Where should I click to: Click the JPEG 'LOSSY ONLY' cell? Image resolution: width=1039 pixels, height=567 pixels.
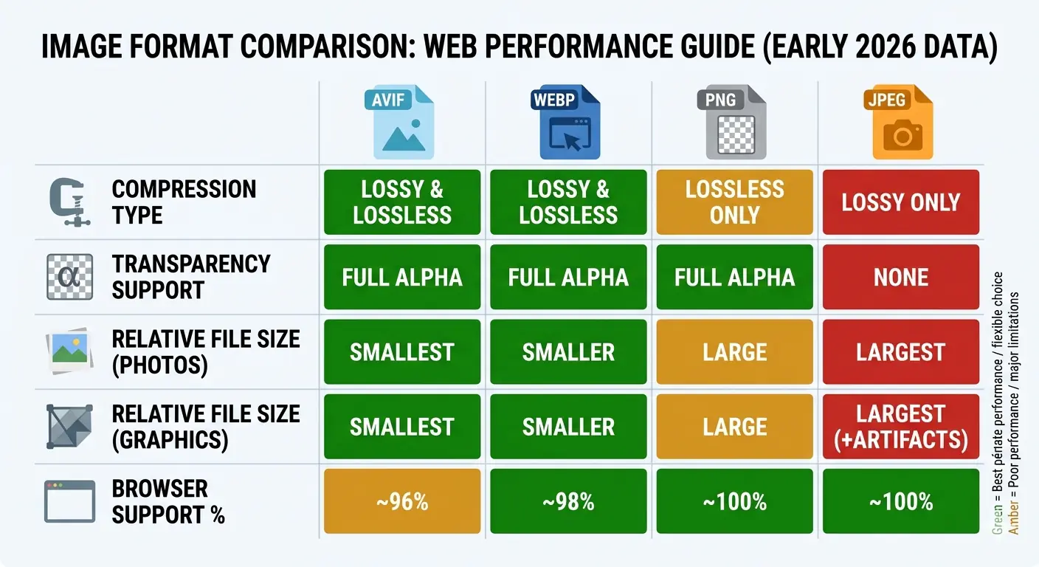pyautogui.click(x=901, y=202)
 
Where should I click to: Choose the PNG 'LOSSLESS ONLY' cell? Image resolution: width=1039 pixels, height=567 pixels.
pyautogui.click(x=734, y=202)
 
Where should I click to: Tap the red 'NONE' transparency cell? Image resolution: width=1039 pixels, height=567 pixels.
pyautogui.click(x=901, y=278)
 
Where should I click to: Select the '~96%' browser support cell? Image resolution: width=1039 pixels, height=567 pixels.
pyautogui.click(x=402, y=503)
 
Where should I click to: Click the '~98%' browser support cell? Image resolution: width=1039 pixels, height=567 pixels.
pyautogui.click(x=568, y=503)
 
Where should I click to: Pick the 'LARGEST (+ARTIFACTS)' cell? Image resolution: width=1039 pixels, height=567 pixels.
pyautogui.click(x=901, y=427)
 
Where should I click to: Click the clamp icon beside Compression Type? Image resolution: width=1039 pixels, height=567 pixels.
pyautogui.click(x=69, y=203)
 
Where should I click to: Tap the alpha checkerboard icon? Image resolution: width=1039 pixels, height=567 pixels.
pyautogui.click(x=69, y=277)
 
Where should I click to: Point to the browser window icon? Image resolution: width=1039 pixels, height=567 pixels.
pyautogui.click(x=69, y=502)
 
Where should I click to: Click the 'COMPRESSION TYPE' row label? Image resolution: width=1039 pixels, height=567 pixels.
pyautogui.click(x=183, y=202)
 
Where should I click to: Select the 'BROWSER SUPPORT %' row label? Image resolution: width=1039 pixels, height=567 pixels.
pyautogui.click(x=168, y=502)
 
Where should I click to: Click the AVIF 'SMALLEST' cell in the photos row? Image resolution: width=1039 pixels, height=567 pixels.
pyautogui.click(x=402, y=352)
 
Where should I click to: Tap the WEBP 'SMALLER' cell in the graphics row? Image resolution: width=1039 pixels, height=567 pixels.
pyautogui.click(x=568, y=427)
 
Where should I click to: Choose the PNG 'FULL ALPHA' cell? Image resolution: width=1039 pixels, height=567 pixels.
pyautogui.click(x=734, y=278)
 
